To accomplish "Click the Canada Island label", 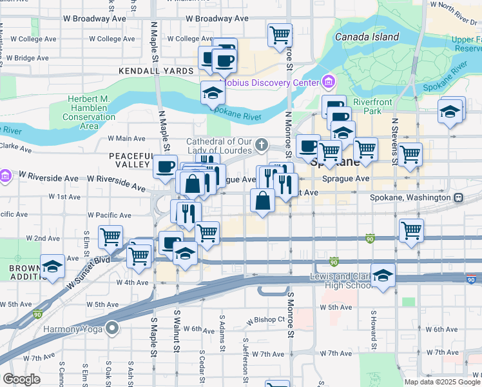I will pos(367,37).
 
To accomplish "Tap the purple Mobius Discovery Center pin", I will pos(329,82).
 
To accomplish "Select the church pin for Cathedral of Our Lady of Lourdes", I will pos(262,144).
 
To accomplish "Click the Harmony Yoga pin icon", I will pos(113,328).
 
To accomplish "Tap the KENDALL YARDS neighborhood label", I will pos(156,71).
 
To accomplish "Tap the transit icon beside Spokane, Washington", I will pos(458,197).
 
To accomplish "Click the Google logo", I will pos(21,379).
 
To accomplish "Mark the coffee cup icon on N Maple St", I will pos(165,166).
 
